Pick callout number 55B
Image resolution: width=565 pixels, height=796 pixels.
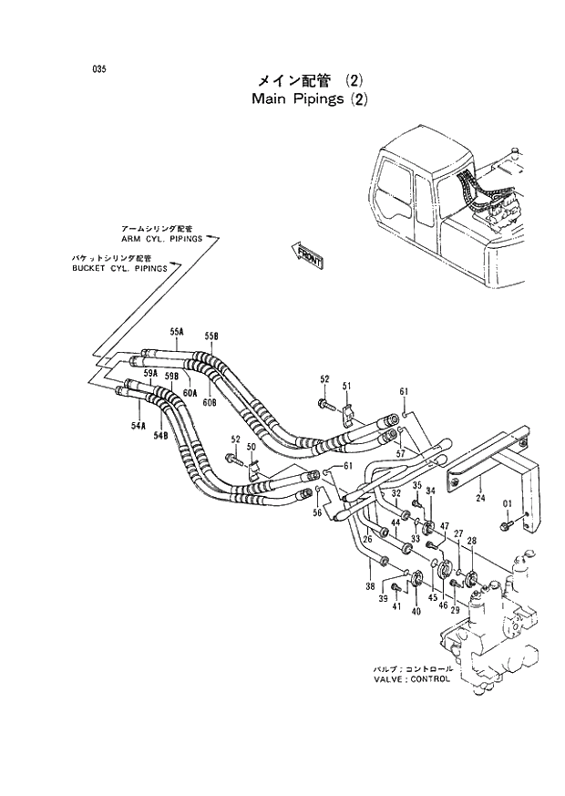(x=211, y=336)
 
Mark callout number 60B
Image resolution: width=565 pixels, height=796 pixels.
(x=209, y=402)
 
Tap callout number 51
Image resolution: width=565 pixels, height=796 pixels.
(x=346, y=387)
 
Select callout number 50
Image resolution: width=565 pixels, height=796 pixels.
(x=252, y=447)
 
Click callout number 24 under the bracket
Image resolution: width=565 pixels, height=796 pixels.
(x=478, y=498)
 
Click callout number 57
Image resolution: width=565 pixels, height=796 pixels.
(x=400, y=452)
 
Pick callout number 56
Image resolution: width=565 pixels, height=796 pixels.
(x=317, y=513)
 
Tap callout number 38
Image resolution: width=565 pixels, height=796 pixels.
(x=371, y=586)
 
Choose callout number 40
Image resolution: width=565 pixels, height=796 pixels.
(x=416, y=612)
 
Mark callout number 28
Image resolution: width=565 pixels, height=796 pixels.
(x=472, y=542)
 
